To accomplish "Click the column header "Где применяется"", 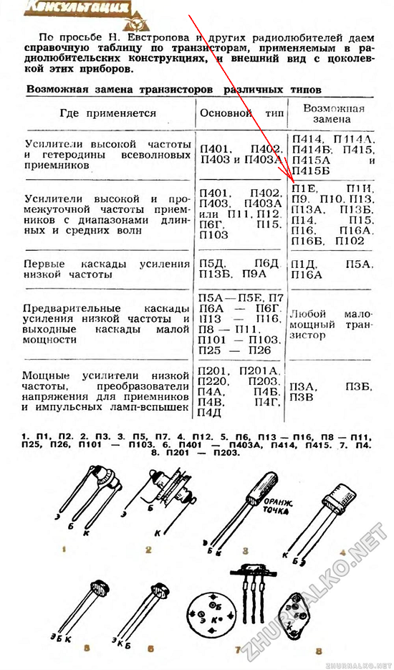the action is (108, 113).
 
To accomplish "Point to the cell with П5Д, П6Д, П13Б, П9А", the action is (240, 268).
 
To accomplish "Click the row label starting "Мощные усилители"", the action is (107, 390).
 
